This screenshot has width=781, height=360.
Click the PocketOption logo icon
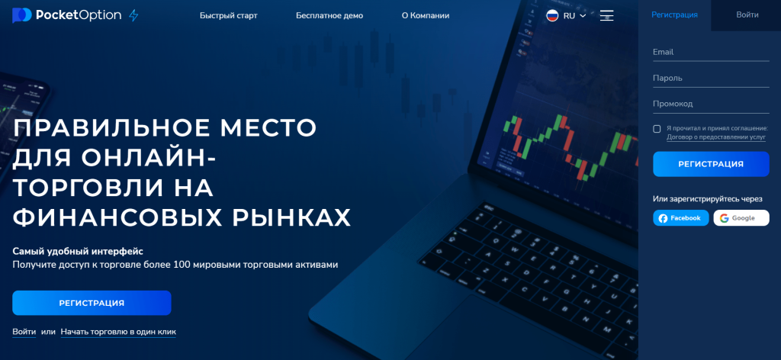pos(22,15)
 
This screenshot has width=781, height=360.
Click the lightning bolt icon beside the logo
pos(133,15)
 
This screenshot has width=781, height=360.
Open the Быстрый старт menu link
pos(229,15)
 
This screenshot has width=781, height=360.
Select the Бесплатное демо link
pos(329,15)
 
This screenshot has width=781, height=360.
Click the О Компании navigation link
pos(426,15)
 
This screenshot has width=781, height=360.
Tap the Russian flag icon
pos(552,15)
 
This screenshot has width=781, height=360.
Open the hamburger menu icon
pos(606,15)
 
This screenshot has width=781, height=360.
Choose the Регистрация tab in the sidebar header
pos(674,15)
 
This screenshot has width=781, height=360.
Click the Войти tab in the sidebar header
pos(747,15)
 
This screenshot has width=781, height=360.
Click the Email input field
pos(711,53)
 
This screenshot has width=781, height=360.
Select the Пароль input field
pos(711,78)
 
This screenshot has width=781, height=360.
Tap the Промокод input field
pos(711,104)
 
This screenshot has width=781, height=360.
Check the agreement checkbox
pos(657,129)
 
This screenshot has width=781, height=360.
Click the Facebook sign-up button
pos(681,218)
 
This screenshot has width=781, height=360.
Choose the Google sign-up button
pos(741,218)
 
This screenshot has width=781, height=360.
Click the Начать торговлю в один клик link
pos(118,332)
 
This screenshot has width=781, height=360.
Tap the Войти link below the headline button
pos(24,332)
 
